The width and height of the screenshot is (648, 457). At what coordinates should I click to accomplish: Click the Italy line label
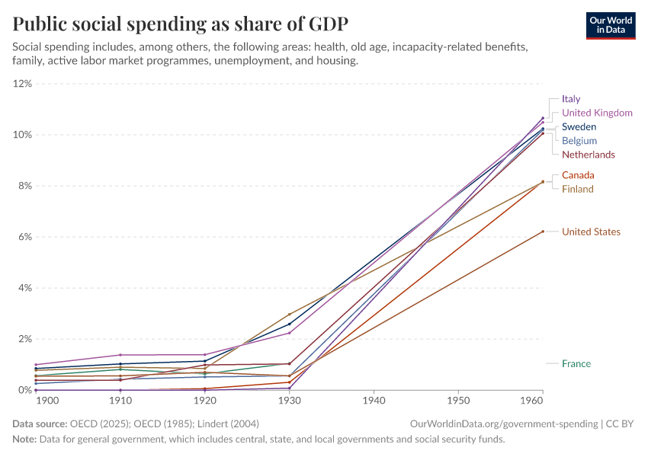[x=571, y=99]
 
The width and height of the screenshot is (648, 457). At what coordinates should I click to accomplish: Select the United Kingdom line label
[x=597, y=113]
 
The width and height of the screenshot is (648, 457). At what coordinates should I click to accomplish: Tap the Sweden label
[x=579, y=127]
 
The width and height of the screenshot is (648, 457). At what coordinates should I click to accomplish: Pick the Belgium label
[x=579, y=141]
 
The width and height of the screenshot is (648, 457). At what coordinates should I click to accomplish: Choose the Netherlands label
[x=588, y=155]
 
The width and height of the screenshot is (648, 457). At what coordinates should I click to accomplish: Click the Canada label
[x=578, y=175]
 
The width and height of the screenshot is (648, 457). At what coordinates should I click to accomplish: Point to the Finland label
[x=577, y=189]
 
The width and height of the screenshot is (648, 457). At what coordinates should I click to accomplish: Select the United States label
[x=591, y=232]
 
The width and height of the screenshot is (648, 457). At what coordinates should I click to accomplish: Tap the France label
[x=576, y=363]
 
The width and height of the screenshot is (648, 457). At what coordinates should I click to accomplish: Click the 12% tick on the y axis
[x=22, y=84]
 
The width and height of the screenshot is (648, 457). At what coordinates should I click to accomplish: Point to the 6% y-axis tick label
[x=24, y=237]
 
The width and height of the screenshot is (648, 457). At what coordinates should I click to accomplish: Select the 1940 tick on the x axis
[x=374, y=400]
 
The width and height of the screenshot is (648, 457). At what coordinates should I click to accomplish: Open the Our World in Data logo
[x=611, y=25]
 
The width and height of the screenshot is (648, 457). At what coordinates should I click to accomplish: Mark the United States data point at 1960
[x=543, y=232]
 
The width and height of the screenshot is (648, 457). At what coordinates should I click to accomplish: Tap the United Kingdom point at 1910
[x=120, y=355]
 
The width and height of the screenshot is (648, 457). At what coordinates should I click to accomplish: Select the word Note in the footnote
[x=24, y=439]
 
